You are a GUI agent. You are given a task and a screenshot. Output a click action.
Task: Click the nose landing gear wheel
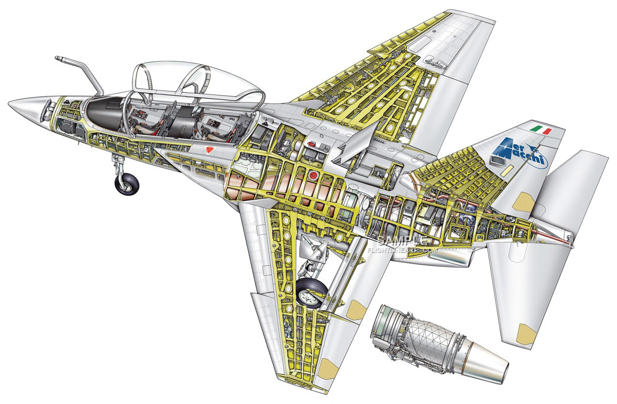coord(127,184)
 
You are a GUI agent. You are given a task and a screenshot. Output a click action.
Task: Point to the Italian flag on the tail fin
coord(542,129)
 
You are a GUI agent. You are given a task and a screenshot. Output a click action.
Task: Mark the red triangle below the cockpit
coord(209,150)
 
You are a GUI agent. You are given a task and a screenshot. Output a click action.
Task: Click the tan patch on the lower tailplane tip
coord(527,334)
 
